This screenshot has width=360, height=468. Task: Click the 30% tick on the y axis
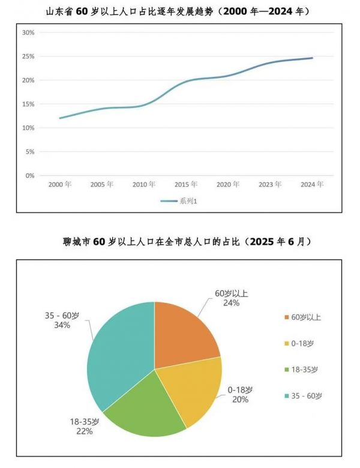[28, 32]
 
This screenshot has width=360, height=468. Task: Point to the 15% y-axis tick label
[28, 104]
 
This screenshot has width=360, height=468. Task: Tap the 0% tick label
[29, 176]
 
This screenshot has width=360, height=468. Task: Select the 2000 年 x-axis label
[59, 185]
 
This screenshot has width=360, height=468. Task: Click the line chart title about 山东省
[180, 11]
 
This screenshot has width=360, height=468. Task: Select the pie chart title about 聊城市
[180, 242]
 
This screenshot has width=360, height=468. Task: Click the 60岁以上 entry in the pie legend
[306, 317]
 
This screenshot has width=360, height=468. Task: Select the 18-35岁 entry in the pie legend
[306, 370]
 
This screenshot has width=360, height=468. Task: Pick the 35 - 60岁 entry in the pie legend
[306, 397]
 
